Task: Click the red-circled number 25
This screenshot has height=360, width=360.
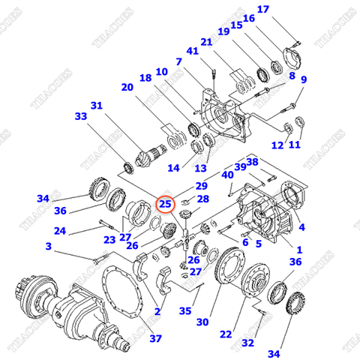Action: (165, 203)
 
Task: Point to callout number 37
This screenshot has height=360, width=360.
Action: (155, 338)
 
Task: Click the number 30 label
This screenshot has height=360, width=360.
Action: (202, 322)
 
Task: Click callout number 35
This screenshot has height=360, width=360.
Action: (185, 310)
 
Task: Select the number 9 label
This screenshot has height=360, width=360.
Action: (304, 79)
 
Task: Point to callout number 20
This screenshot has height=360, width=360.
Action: (127, 87)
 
